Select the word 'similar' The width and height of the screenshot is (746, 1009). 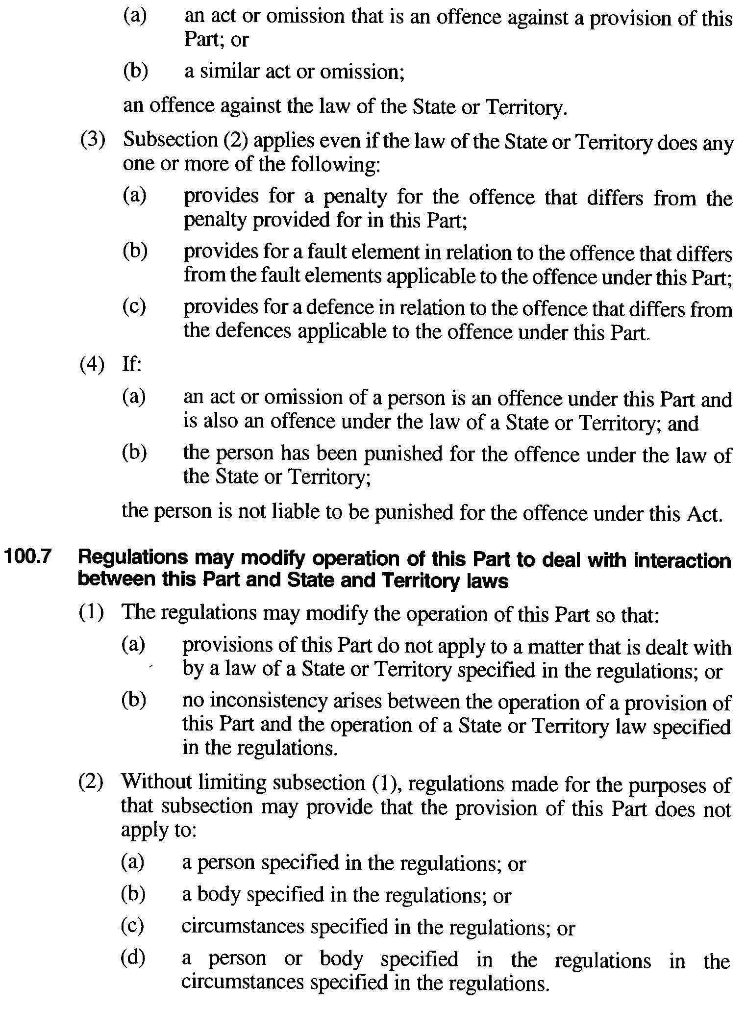(x=227, y=72)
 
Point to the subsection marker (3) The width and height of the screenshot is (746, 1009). (x=93, y=141)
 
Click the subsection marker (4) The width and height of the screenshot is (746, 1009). (x=92, y=365)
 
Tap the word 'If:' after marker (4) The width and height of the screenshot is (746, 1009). (x=131, y=365)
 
